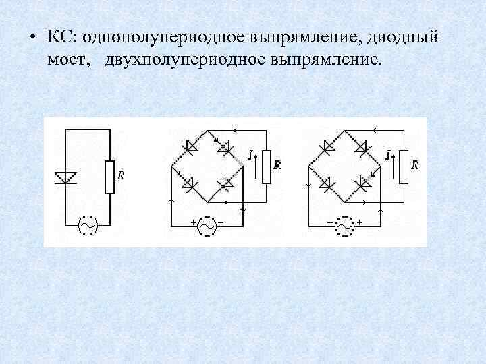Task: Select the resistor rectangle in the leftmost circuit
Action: [x=110, y=177]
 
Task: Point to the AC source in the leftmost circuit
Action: [x=88, y=225]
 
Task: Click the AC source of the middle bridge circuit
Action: [x=207, y=226]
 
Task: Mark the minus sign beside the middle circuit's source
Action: [x=221, y=222]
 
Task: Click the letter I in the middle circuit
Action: [x=250, y=155]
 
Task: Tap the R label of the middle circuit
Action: [x=277, y=164]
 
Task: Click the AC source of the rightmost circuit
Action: [x=344, y=226]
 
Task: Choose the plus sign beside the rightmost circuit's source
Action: [x=358, y=222]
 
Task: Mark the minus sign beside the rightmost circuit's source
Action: [x=330, y=222]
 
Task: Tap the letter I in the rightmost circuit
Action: [x=387, y=155]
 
